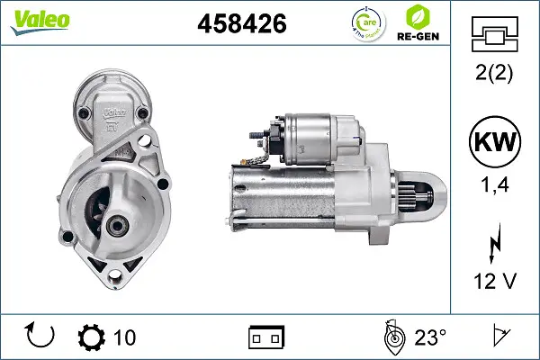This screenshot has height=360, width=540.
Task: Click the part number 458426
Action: pos(242,24)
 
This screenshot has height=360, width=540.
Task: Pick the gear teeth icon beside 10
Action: pos(92,337)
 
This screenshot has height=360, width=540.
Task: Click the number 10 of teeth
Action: pos(125,337)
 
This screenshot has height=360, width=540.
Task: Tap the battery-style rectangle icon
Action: pos(266,337)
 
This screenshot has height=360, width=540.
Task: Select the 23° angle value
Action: pos(430,337)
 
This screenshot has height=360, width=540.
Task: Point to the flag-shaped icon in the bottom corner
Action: pos(501,337)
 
